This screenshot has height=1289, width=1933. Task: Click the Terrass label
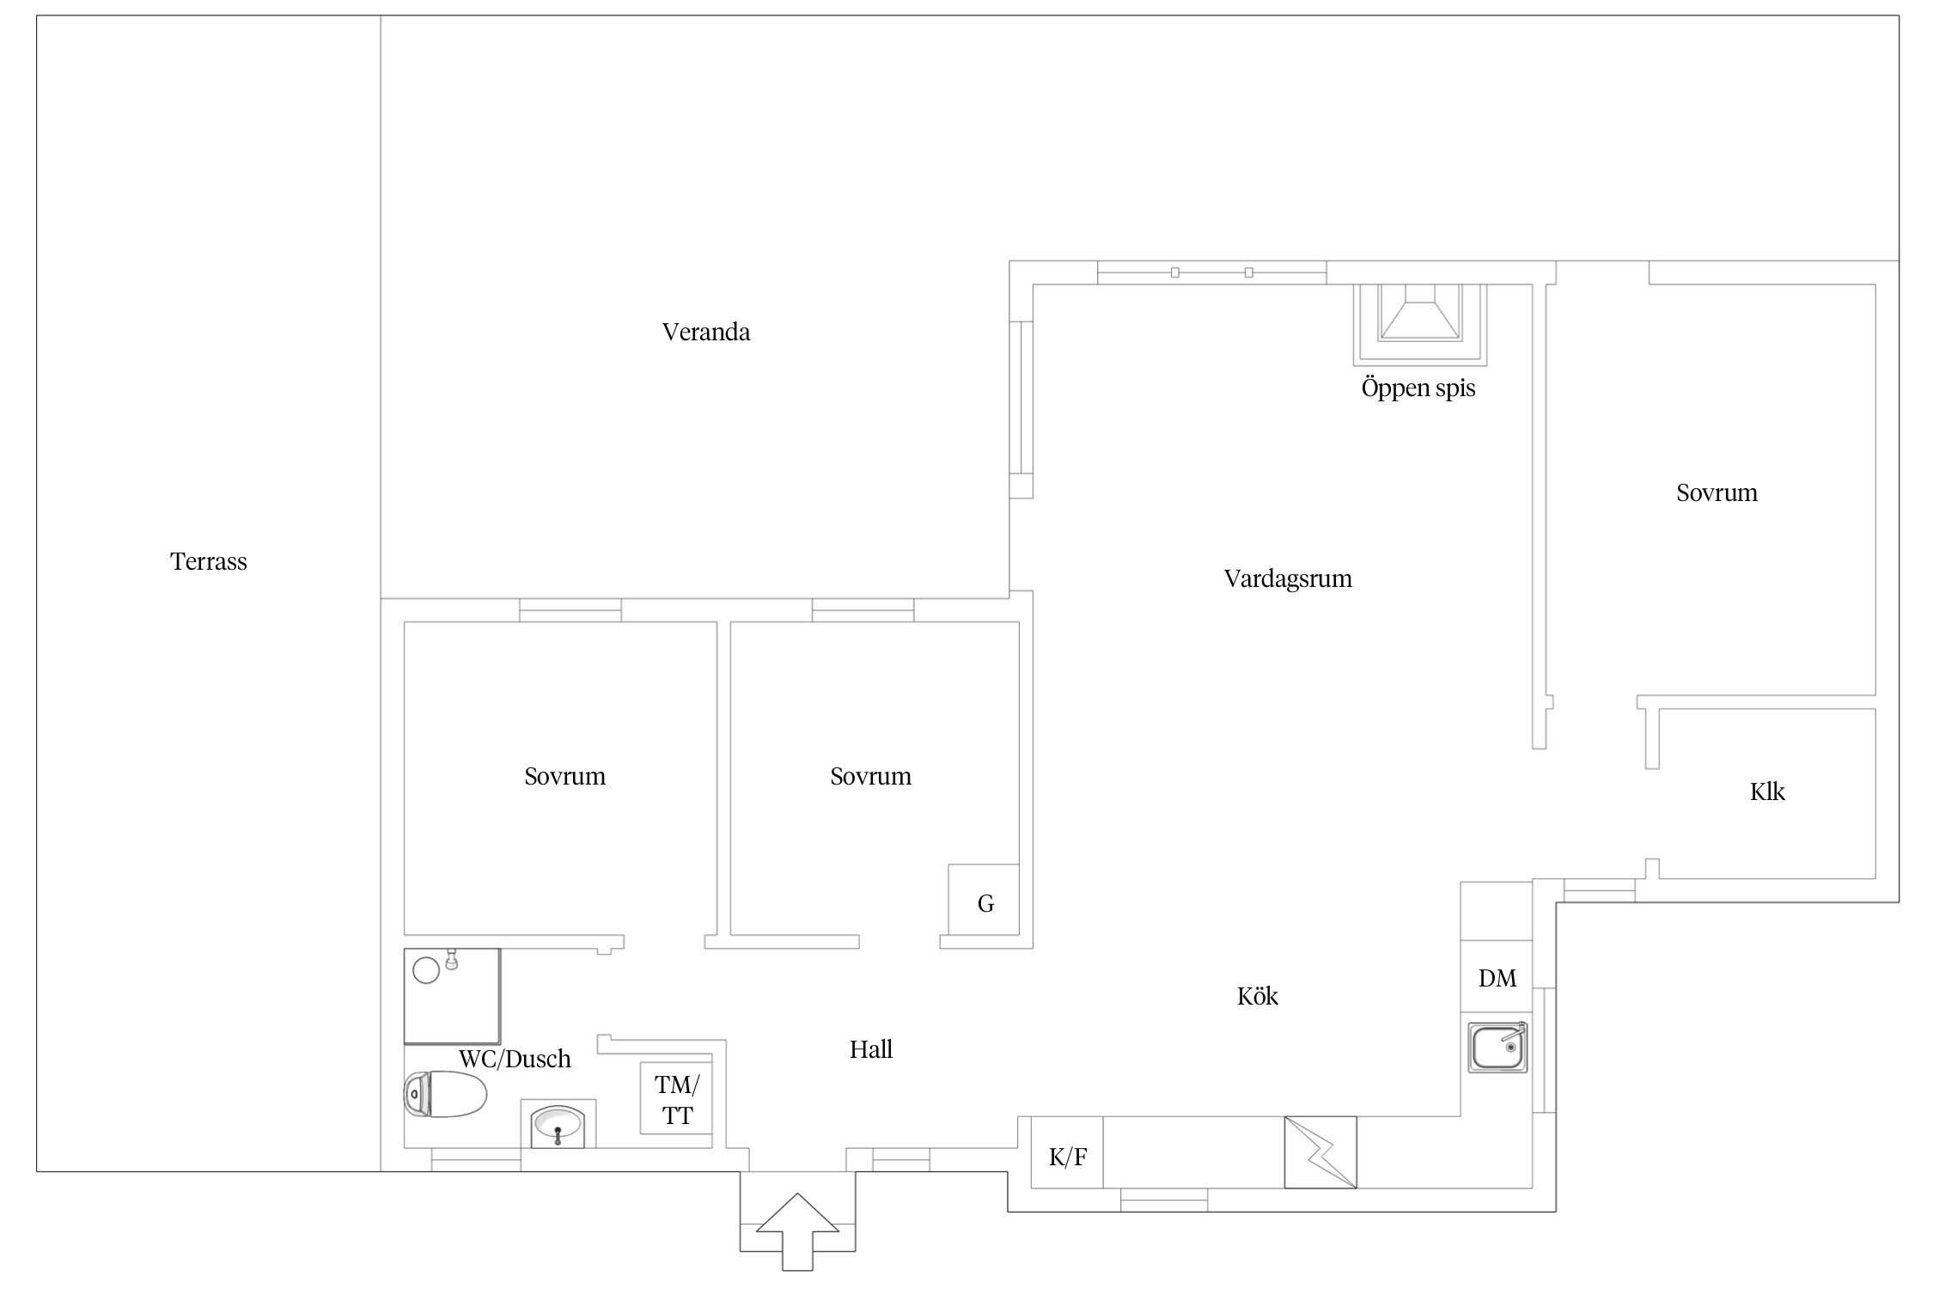pyautogui.click(x=209, y=561)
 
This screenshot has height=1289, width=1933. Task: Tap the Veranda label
pyautogui.click(x=706, y=332)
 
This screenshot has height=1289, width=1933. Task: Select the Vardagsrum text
pyautogui.click(x=1288, y=578)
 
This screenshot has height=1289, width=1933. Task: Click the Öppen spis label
pyautogui.click(x=1418, y=388)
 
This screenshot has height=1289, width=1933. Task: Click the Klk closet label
pyautogui.click(x=1767, y=791)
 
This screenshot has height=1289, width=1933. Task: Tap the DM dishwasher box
pyautogui.click(x=1497, y=976)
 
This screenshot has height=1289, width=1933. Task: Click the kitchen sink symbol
pyautogui.click(x=1497, y=1048)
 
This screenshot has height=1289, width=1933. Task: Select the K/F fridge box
pyautogui.click(x=1067, y=1152)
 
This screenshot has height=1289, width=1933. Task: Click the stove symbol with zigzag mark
pyautogui.click(x=1320, y=1152)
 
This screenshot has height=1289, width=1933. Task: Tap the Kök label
pyautogui.click(x=1257, y=996)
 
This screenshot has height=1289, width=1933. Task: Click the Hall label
pyautogui.click(x=871, y=1049)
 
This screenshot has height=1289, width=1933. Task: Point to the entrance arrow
pyautogui.click(x=797, y=1231)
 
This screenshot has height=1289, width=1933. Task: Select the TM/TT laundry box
pyautogui.click(x=676, y=1099)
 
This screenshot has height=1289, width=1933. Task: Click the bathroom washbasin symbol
pyautogui.click(x=558, y=1124)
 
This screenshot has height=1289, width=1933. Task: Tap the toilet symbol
pyautogui.click(x=445, y=1094)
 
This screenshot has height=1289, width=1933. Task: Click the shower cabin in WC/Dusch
pyautogui.click(x=452, y=997)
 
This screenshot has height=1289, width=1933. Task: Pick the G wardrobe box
pyautogui.click(x=984, y=900)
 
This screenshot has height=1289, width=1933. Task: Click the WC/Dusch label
pyautogui.click(x=515, y=1059)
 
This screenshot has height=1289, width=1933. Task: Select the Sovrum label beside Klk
pyautogui.click(x=1717, y=492)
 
